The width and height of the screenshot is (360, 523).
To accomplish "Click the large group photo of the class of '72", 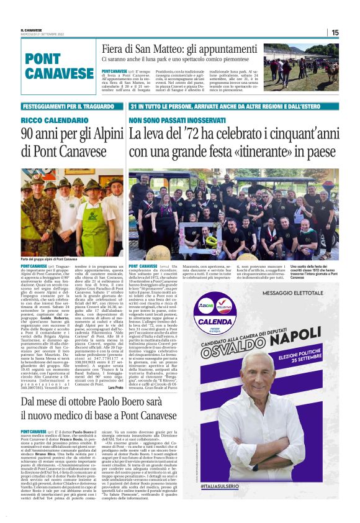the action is (x=242, y=214).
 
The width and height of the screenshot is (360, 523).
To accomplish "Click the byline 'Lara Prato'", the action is (x=115, y=386).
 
